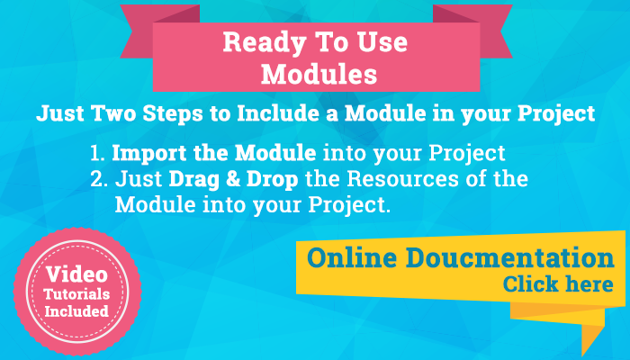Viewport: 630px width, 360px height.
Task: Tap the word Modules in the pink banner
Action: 319,74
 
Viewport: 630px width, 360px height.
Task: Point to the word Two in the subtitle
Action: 113,113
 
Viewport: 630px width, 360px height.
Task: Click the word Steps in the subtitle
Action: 173,114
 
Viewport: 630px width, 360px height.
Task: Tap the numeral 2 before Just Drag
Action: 99,179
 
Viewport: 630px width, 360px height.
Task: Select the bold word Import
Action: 149,154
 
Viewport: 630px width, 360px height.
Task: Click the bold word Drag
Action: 194,180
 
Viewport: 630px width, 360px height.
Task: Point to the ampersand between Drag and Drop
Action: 233,179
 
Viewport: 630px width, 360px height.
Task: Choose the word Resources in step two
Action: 402,179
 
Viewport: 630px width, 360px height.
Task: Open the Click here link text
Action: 558,284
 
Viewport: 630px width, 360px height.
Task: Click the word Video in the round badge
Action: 76,274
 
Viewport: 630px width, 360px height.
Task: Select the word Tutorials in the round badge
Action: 76,294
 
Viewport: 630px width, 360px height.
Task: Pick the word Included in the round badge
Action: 76,311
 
